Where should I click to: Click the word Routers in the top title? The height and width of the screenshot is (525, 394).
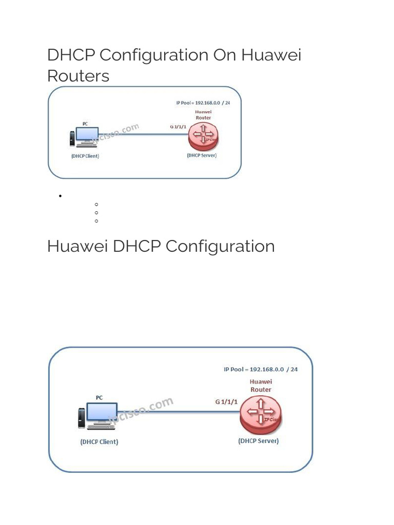78,76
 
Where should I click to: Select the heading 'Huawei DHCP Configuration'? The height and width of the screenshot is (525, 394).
161,246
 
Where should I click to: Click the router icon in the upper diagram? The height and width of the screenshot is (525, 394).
203,135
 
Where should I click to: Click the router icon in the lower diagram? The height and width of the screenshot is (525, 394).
261,413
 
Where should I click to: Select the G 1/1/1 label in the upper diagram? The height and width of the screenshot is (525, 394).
179,127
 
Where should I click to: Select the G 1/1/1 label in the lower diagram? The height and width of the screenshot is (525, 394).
226,402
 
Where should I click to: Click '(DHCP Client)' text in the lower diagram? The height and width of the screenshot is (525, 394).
99,442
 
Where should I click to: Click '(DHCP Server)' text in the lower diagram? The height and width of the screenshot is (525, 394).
259,441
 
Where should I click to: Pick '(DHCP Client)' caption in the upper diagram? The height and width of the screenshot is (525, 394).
85,156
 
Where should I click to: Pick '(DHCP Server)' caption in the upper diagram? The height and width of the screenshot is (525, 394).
202,155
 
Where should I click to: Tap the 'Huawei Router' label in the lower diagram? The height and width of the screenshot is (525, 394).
261,386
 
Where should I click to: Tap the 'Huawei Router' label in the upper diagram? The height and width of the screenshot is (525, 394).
203,115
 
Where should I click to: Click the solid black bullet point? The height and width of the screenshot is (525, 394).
61,196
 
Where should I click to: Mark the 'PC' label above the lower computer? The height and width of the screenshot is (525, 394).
99,397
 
